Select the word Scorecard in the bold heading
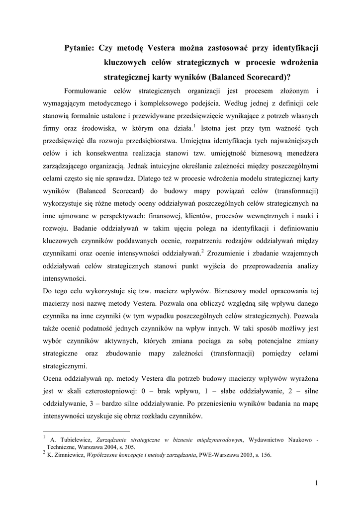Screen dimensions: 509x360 pos(263,77)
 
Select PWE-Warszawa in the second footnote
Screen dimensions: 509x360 pos(219,455)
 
